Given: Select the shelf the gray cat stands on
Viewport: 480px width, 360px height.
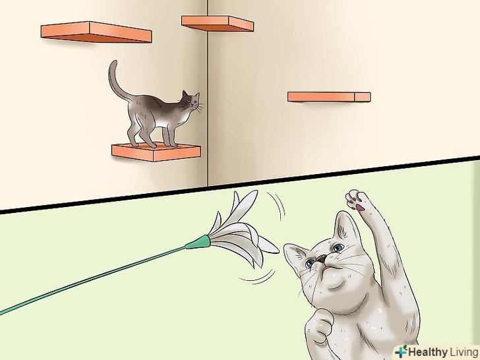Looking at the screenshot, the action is pos(156,152).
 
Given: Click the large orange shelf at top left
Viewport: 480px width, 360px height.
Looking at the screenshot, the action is pos(96,32).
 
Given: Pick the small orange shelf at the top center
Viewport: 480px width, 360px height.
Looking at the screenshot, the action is pos(218,24).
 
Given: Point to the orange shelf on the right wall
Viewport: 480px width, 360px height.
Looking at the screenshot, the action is pos(329,97).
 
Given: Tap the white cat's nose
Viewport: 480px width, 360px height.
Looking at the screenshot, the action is pos(321,258).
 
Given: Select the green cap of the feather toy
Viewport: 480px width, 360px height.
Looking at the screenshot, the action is pos(198,242).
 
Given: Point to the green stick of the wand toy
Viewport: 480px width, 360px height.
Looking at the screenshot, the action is pos(92,279).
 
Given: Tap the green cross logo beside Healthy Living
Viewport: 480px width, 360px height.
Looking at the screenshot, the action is pos(401,351).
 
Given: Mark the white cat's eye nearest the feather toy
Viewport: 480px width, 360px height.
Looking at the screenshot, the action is pos(310,262).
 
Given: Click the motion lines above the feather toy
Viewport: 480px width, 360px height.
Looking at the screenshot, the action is pos(278,204).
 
